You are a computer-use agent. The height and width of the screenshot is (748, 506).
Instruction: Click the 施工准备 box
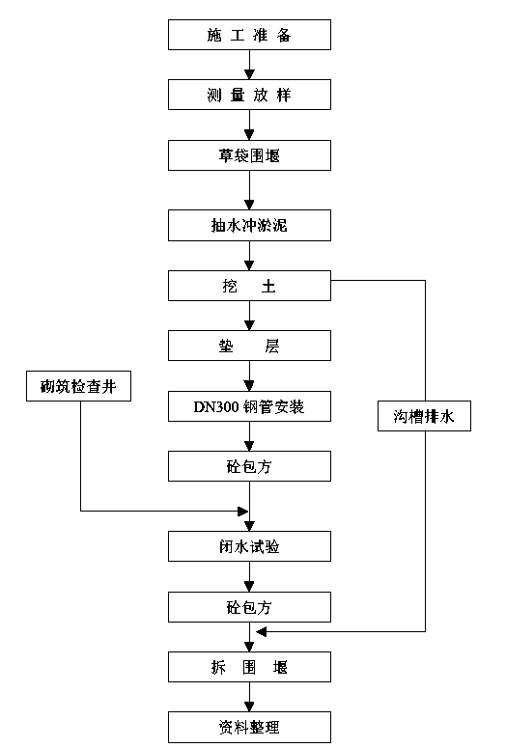pyautogui.click(x=249, y=35)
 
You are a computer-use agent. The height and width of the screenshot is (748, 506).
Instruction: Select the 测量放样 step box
pyautogui.click(x=249, y=95)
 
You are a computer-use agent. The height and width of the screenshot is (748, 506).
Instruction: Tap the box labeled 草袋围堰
pyautogui.click(x=249, y=155)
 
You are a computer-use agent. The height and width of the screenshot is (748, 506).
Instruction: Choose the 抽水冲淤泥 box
pyautogui.click(x=249, y=225)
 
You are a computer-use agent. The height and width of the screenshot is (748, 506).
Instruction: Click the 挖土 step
pyautogui.click(x=249, y=286)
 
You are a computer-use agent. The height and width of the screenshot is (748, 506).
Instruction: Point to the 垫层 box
pyautogui.click(x=249, y=346)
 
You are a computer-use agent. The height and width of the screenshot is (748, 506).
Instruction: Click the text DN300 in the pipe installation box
pyautogui.click(x=215, y=407)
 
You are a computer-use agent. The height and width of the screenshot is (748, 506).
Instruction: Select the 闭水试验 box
pyautogui.click(x=249, y=546)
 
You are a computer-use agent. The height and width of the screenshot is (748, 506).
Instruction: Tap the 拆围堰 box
pyautogui.click(x=249, y=667)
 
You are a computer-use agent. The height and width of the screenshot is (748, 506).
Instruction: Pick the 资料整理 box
pyautogui.click(x=249, y=727)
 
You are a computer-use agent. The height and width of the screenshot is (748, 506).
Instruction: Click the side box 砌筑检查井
pyautogui.click(x=78, y=386)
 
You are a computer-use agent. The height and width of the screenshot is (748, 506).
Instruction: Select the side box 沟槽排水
pyautogui.click(x=424, y=416)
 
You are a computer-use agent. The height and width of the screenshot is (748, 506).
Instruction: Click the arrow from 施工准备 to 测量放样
pyautogui.click(x=249, y=65)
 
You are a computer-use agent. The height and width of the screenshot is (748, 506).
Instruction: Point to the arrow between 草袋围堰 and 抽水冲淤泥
pyautogui.click(x=249, y=190)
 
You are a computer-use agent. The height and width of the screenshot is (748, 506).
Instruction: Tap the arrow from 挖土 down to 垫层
pyautogui.click(x=249, y=316)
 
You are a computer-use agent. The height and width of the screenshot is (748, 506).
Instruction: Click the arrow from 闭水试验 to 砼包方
pyautogui.click(x=249, y=577)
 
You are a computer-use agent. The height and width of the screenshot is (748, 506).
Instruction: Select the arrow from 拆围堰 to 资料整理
pyautogui.click(x=249, y=697)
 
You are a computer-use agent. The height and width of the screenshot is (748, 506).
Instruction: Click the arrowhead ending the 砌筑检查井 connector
pyautogui.click(x=243, y=512)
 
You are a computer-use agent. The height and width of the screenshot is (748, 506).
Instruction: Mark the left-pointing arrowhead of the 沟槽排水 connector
pyautogui.click(x=261, y=632)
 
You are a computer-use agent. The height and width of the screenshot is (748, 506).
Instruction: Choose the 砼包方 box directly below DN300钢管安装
pyautogui.click(x=249, y=466)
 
